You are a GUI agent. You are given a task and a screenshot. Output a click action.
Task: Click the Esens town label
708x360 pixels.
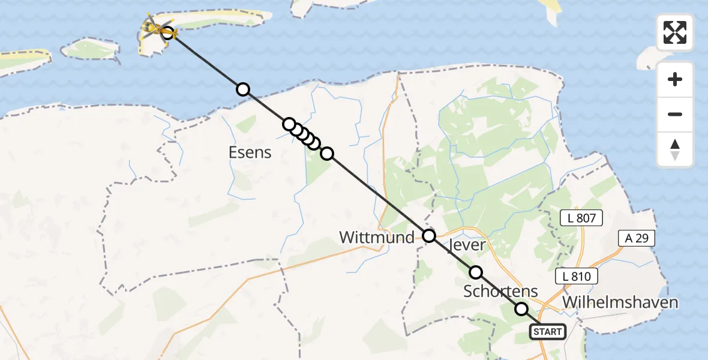[250, 152]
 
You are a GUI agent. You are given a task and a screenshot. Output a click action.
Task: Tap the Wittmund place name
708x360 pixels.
[377, 238]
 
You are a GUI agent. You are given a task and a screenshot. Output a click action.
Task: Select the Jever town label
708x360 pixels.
[467, 245]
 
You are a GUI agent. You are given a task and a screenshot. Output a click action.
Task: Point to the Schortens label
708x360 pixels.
[500, 292]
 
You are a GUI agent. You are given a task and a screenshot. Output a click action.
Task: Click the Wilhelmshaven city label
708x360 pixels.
[620, 302]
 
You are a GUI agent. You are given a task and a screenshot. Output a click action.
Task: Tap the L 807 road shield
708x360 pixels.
[581, 218]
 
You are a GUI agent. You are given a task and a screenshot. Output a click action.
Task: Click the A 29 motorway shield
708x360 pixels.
[636, 238]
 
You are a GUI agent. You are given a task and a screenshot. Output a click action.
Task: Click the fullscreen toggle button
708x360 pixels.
[675, 32]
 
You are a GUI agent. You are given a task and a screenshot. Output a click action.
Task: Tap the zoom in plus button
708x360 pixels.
[675, 79]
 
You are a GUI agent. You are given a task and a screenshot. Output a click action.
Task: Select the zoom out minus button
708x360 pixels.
[675, 114]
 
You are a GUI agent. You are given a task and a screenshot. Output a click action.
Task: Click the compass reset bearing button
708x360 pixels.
[675, 149]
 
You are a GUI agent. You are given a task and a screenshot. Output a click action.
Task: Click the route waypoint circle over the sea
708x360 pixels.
[242, 89]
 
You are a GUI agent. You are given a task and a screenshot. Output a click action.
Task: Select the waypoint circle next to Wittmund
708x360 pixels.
[429, 236]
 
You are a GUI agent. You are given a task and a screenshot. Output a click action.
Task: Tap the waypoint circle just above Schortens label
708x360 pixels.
[476, 272]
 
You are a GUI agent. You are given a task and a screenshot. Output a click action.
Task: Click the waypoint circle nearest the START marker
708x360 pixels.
[521, 309]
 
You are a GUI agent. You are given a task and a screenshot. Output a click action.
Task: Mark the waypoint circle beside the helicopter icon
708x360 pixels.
[168, 32]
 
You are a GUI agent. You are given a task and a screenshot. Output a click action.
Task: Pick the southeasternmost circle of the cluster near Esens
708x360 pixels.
[327, 154]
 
